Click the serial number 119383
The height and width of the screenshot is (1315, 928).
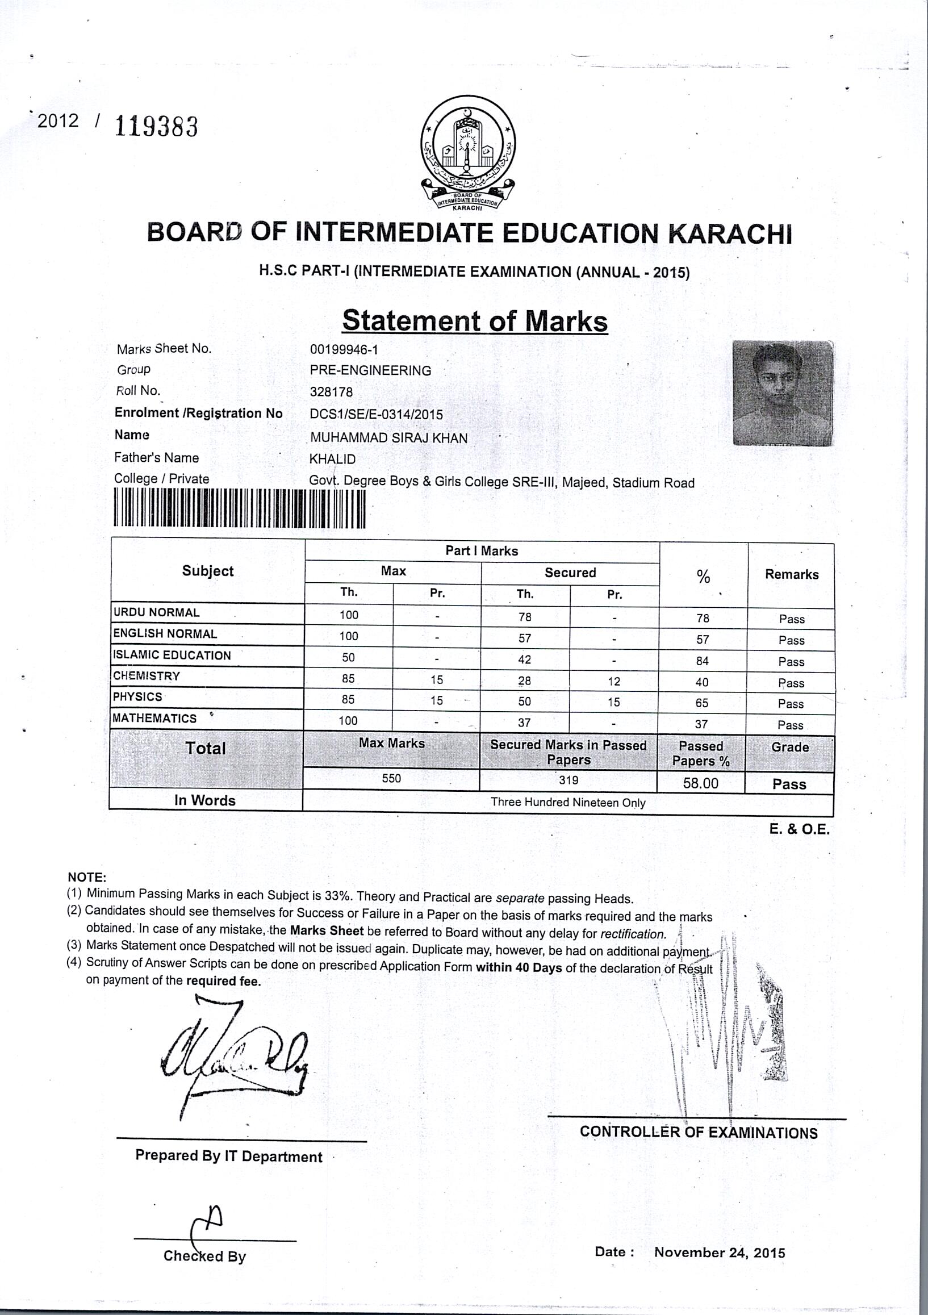[x=156, y=126]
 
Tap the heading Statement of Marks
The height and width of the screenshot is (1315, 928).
[x=475, y=321]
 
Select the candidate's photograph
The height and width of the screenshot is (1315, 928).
[x=783, y=393]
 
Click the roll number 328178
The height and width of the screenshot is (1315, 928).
[x=332, y=392]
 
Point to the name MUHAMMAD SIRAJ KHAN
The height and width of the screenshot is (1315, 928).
[x=388, y=438]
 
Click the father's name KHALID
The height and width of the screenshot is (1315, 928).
[x=333, y=459]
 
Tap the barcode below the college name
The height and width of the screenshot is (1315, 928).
[x=239, y=507]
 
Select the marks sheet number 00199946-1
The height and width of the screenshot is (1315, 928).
[x=344, y=349]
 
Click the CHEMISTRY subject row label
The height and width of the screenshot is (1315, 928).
[x=147, y=676]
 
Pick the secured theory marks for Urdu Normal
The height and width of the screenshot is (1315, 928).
[x=525, y=617]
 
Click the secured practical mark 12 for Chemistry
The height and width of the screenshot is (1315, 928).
[x=614, y=681]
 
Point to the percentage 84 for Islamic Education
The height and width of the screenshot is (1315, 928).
[x=703, y=661]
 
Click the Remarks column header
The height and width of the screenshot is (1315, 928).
[x=792, y=574]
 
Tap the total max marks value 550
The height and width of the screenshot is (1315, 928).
[x=391, y=778]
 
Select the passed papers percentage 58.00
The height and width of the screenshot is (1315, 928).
[x=701, y=783]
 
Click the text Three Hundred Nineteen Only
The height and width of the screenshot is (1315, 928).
[x=568, y=803]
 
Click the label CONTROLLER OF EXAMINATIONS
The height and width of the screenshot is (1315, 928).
[x=699, y=1132]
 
